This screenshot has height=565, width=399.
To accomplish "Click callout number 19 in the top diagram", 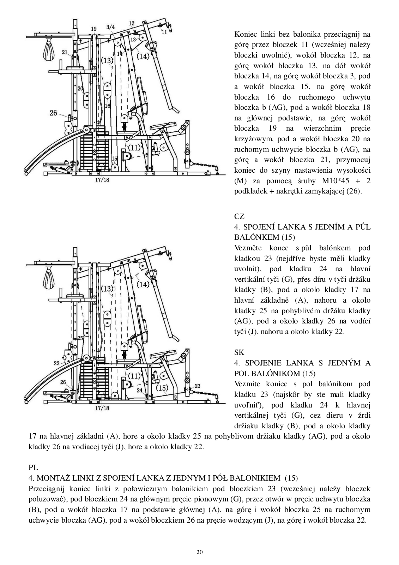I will tap(93, 29).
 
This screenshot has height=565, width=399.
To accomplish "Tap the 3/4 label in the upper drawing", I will tap(110, 27).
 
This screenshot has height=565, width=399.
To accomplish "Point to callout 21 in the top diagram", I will tap(65, 52).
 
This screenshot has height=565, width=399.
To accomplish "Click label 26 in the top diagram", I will tap(53, 113).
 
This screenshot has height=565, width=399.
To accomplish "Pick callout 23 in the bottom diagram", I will tap(198, 386).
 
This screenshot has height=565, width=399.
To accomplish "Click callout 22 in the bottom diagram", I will tap(56, 363).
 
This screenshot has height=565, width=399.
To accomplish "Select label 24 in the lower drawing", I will tap(139, 390).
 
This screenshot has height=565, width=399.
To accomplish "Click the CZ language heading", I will tap(239, 216).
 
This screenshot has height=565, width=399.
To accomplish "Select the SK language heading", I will tap(239, 352).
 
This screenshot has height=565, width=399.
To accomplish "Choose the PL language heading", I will tap(33, 468).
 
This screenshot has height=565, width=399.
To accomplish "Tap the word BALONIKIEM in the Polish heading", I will tap(254, 478).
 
